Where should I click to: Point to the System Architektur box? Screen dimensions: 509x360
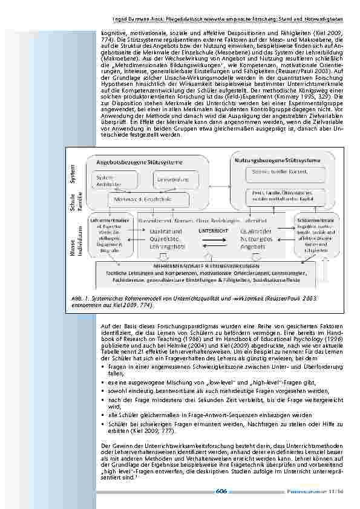point(107,180)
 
